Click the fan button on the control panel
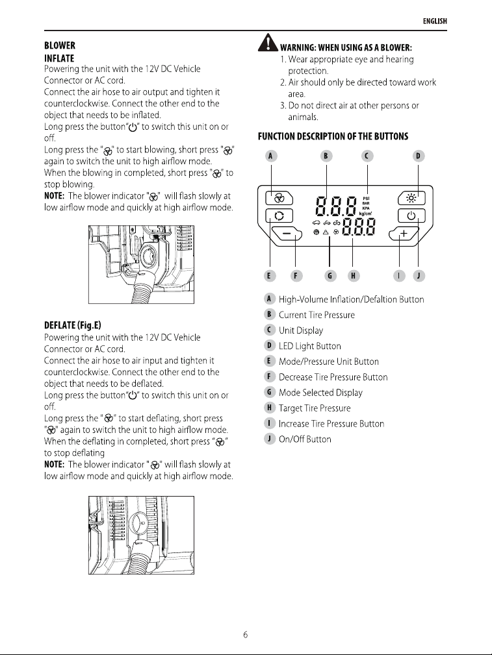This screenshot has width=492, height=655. (279, 198)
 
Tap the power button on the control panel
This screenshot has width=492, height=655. (411, 216)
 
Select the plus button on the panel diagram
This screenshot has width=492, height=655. (404, 234)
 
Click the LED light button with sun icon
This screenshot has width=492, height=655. (411, 198)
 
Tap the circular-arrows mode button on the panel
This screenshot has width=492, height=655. (279, 216)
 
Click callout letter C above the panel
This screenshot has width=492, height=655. (367, 156)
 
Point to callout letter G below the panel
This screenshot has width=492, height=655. (330, 276)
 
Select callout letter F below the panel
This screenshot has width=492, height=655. (296, 276)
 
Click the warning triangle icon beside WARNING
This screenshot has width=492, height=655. (268, 43)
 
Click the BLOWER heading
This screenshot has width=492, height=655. (60, 45)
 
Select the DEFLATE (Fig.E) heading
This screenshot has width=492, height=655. (72, 325)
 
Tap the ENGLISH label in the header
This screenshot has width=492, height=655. (435, 21)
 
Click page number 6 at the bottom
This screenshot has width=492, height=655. (246, 634)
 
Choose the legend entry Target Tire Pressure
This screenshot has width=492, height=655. (315, 408)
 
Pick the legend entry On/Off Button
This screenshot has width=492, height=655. (305, 439)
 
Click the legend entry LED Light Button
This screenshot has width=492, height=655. (310, 346)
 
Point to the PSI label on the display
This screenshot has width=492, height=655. (366, 199)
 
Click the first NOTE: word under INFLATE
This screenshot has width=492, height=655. (55, 196)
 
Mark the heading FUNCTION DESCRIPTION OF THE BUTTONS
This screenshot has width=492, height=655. (333, 136)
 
